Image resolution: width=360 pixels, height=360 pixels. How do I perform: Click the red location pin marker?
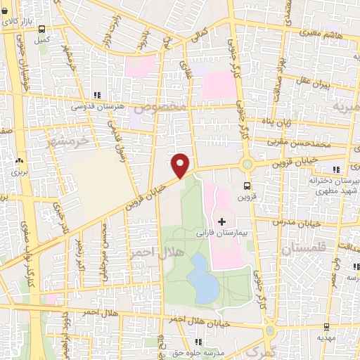pos(181,165)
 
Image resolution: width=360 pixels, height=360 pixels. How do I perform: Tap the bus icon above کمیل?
pos(43,30)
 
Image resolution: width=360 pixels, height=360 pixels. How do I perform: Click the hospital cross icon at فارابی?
pos(222,221)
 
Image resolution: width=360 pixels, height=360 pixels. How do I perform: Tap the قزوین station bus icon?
pos(247,186)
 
